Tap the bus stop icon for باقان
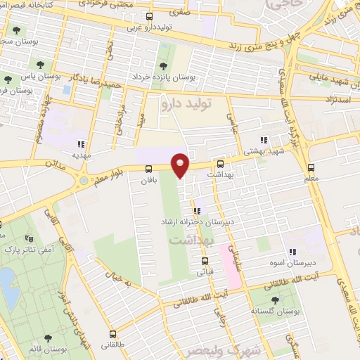(x=148, y=169)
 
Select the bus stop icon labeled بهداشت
(x=221, y=162)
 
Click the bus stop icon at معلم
(x=312, y=167)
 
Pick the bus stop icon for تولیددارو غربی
(x=149, y=16)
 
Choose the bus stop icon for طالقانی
(x=112, y=335)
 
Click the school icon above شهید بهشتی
(x=264, y=140)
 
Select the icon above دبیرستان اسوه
(x=292, y=253)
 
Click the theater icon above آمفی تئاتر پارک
(x=1, y=226)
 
